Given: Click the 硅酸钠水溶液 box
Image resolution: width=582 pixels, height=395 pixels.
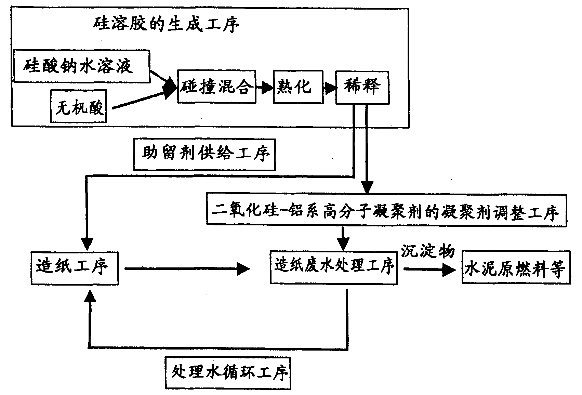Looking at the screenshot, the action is tap(82, 66).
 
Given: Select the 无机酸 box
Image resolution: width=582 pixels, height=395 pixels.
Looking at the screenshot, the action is tap(78, 106).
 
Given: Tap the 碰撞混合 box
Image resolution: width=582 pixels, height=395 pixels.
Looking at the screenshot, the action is tap(217, 87).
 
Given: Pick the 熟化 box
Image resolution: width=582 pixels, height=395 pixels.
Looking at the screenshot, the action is tap(298, 87).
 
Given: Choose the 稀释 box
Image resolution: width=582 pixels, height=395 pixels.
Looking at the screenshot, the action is tap(362, 88).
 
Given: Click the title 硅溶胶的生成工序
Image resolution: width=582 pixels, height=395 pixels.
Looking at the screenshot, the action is tap(166, 25).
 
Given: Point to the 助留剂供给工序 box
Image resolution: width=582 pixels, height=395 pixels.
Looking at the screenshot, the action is tap(204, 155).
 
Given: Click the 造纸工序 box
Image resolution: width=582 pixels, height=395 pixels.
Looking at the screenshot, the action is tap(75, 268).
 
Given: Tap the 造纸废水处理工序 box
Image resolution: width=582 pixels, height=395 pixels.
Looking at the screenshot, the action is tap(334, 267).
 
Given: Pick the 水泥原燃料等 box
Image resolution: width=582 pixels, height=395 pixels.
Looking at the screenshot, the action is tap(516, 267).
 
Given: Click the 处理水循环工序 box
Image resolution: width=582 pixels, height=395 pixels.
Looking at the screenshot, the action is tap(228, 373).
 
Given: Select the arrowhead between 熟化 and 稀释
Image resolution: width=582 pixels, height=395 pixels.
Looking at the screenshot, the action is tap(330, 88).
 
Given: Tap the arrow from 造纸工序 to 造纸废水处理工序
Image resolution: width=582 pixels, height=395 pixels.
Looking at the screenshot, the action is tap(187, 269).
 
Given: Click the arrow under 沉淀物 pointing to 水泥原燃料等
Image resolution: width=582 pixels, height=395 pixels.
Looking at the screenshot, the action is tap(430, 270).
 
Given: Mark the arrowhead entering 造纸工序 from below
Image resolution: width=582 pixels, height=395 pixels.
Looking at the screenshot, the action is tap(90, 296).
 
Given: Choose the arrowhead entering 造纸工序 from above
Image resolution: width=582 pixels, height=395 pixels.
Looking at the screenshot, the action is tap(87, 244).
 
